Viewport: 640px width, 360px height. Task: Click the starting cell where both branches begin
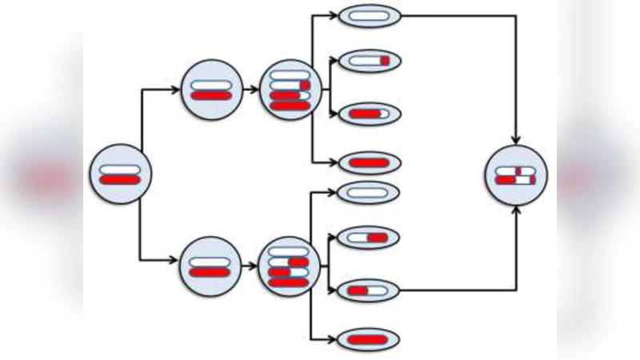120,174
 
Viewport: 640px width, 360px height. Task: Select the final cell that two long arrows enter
516,175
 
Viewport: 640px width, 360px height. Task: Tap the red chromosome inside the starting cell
120,180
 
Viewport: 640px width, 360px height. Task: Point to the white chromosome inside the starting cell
120,168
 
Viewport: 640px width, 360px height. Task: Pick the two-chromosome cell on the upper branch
211,89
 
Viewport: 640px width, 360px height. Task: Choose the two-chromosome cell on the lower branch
211,266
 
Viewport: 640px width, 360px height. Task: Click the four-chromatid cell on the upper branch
290,90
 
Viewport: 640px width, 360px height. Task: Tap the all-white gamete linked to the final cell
369,15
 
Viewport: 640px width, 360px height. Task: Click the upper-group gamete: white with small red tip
369,61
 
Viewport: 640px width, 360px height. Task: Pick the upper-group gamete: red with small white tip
369,114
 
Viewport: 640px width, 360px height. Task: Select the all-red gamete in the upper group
369,162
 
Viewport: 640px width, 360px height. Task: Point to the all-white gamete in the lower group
369,192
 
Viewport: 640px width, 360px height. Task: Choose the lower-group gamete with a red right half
369,238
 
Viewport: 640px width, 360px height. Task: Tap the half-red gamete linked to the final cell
369,290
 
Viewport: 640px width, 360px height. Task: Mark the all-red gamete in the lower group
369,339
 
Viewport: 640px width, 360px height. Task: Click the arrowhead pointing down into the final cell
516,139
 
